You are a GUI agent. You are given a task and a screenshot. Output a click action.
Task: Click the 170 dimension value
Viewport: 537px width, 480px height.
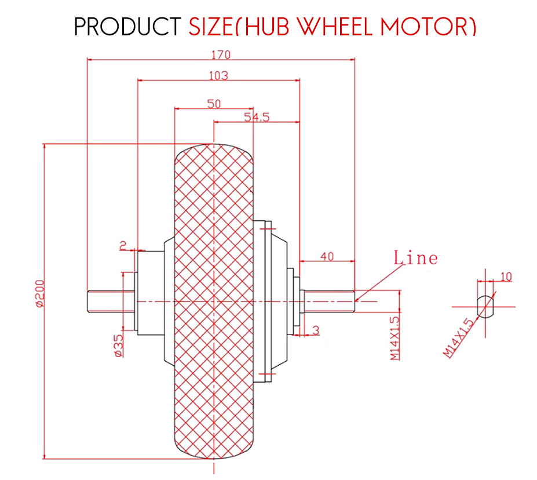(x=221, y=55)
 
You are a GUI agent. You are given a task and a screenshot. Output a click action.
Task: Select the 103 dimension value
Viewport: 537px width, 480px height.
(x=218, y=75)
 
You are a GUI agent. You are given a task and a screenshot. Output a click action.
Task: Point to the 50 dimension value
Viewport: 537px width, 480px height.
(x=214, y=104)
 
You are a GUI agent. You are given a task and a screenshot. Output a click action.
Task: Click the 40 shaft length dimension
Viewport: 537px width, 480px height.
(x=327, y=256)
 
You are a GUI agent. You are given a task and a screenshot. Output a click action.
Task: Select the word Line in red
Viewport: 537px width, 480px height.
(x=415, y=257)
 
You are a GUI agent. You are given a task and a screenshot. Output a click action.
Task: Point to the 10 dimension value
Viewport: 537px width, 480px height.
(x=506, y=277)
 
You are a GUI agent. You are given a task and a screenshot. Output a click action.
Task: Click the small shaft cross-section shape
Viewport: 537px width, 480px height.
(x=485, y=304)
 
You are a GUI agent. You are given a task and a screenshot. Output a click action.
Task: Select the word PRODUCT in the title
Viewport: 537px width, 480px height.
(x=127, y=27)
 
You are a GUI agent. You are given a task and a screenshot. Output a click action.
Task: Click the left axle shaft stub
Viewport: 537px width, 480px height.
(x=105, y=301)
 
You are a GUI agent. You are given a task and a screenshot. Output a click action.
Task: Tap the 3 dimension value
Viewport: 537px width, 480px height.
(x=316, y=330)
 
